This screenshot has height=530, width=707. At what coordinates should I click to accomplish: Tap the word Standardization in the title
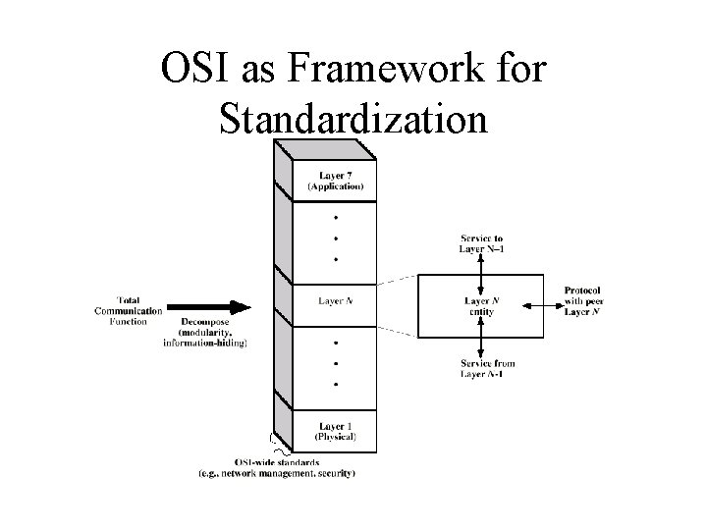[353, 118]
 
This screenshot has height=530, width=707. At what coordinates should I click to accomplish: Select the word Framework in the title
[379, 73]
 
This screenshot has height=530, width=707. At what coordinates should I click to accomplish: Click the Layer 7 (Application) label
[336, 179]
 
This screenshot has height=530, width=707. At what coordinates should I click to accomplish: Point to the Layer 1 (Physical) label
[336, 429]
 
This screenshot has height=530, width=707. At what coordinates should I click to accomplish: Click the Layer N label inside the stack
[337, 299]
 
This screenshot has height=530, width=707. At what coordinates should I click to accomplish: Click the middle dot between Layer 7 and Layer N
[337, 237]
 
